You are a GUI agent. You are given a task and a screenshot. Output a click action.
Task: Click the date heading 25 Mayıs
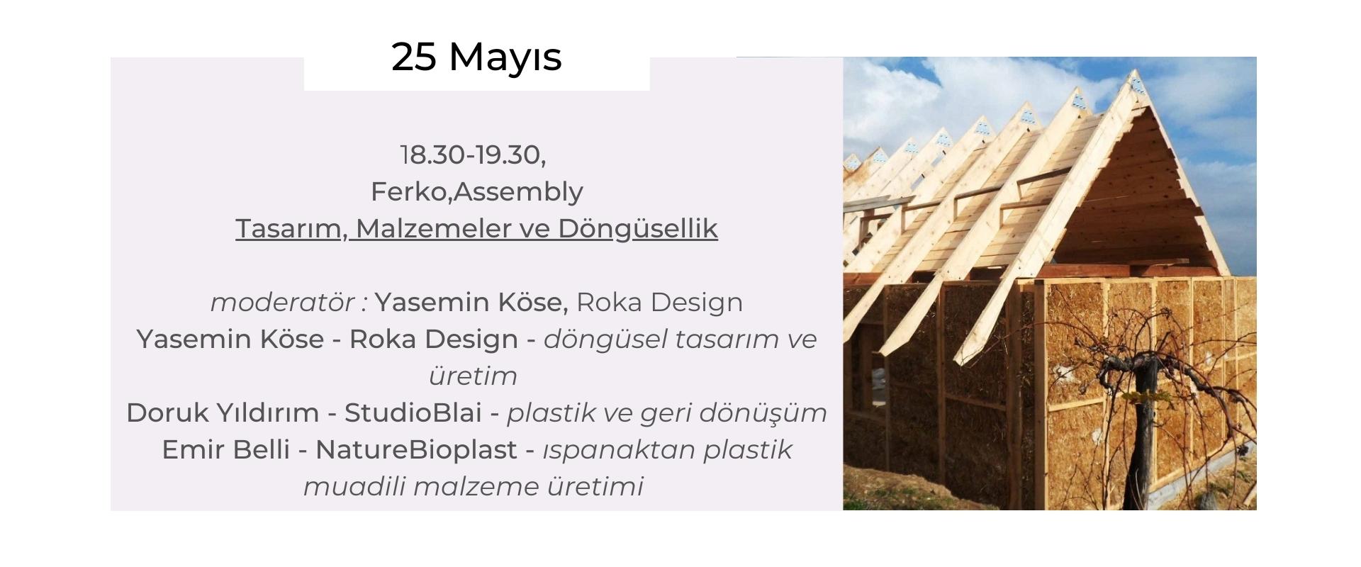(x=476, y=57)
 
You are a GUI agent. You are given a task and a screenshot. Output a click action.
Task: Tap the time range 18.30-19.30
(x=471, y=155)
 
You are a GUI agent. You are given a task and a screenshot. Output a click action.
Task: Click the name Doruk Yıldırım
(x=223, y=412)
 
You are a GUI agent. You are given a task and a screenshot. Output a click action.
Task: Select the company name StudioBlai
(x=413, y=412)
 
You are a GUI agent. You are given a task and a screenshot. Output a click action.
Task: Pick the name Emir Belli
(x=225, y=449)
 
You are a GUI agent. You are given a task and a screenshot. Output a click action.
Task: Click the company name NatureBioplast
(x=416, y=450)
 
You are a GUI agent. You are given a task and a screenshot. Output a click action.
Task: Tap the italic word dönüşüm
(x=770, y=413)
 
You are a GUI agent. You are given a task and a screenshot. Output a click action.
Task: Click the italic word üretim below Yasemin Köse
(x=473, y=376)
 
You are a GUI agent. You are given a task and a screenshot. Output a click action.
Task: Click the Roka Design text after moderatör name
(x=659, y=303)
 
